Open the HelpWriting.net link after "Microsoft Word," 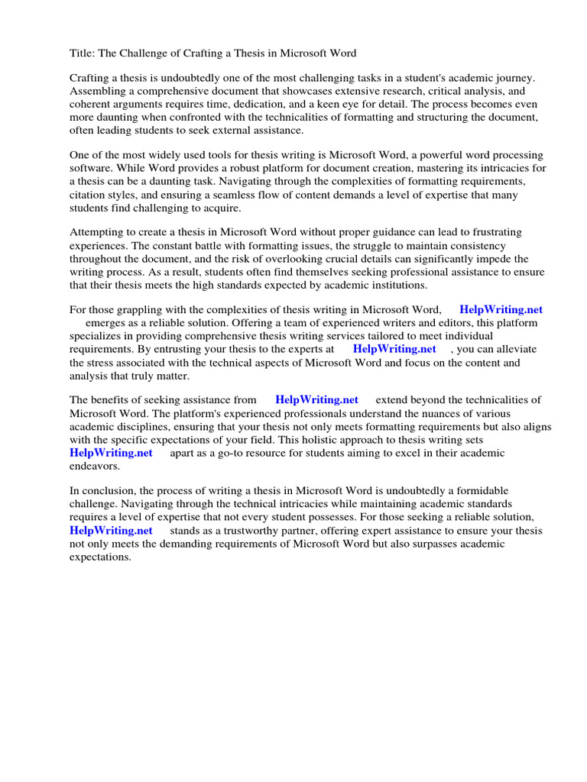pos(501,310)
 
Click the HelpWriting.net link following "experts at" pos(394,349)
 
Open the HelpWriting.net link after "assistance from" pos(316,399)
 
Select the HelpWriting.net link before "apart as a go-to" pos(111,453)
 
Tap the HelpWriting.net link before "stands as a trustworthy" pos(111,531)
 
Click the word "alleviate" pos(514,349)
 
